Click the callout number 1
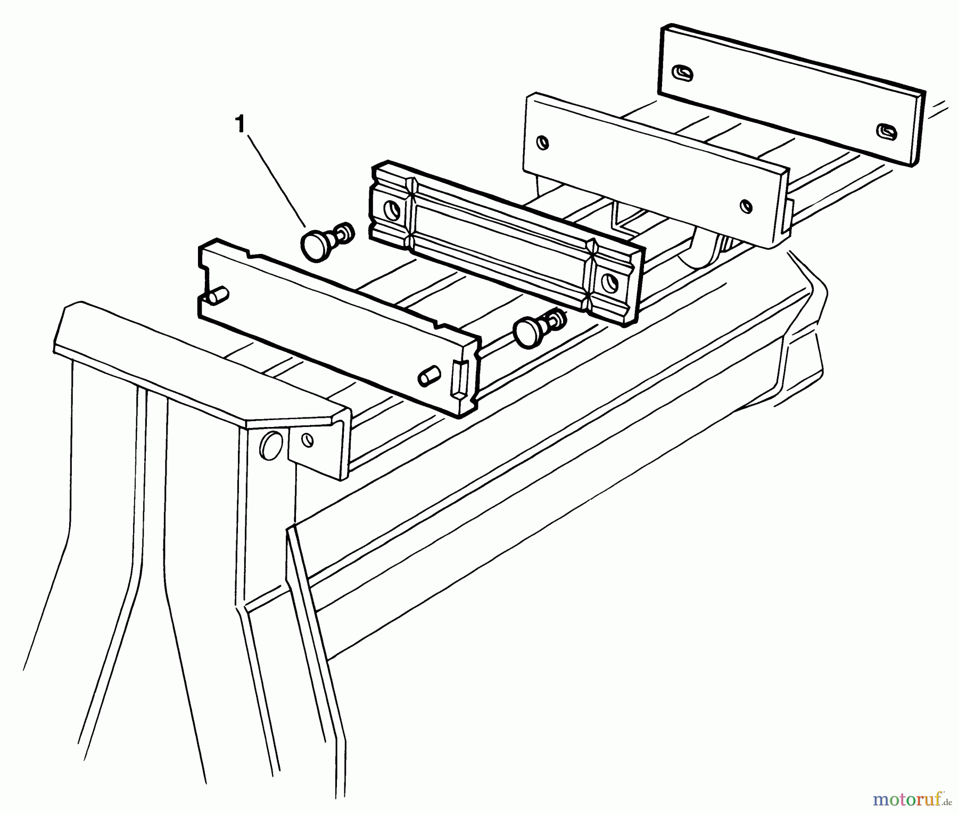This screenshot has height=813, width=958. tap(240, 125)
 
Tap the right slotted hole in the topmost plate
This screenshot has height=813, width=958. tap(886, 130)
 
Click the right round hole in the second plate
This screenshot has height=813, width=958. tap(747, 205)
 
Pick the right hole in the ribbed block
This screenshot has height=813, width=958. tap(607, 282)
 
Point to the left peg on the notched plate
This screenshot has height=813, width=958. tap(218, 295)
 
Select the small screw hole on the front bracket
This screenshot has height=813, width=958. tap(308, 440)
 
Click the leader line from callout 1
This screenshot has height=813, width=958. tap(277, 181)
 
